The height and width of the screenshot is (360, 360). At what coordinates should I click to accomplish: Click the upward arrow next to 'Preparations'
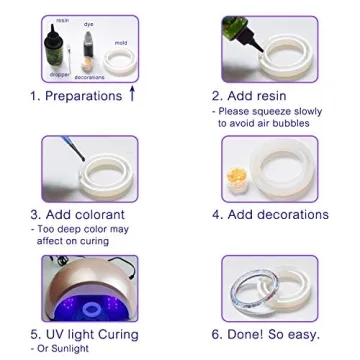[132, 96]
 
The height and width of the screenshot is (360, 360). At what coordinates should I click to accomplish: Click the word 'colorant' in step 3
[94, 214]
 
